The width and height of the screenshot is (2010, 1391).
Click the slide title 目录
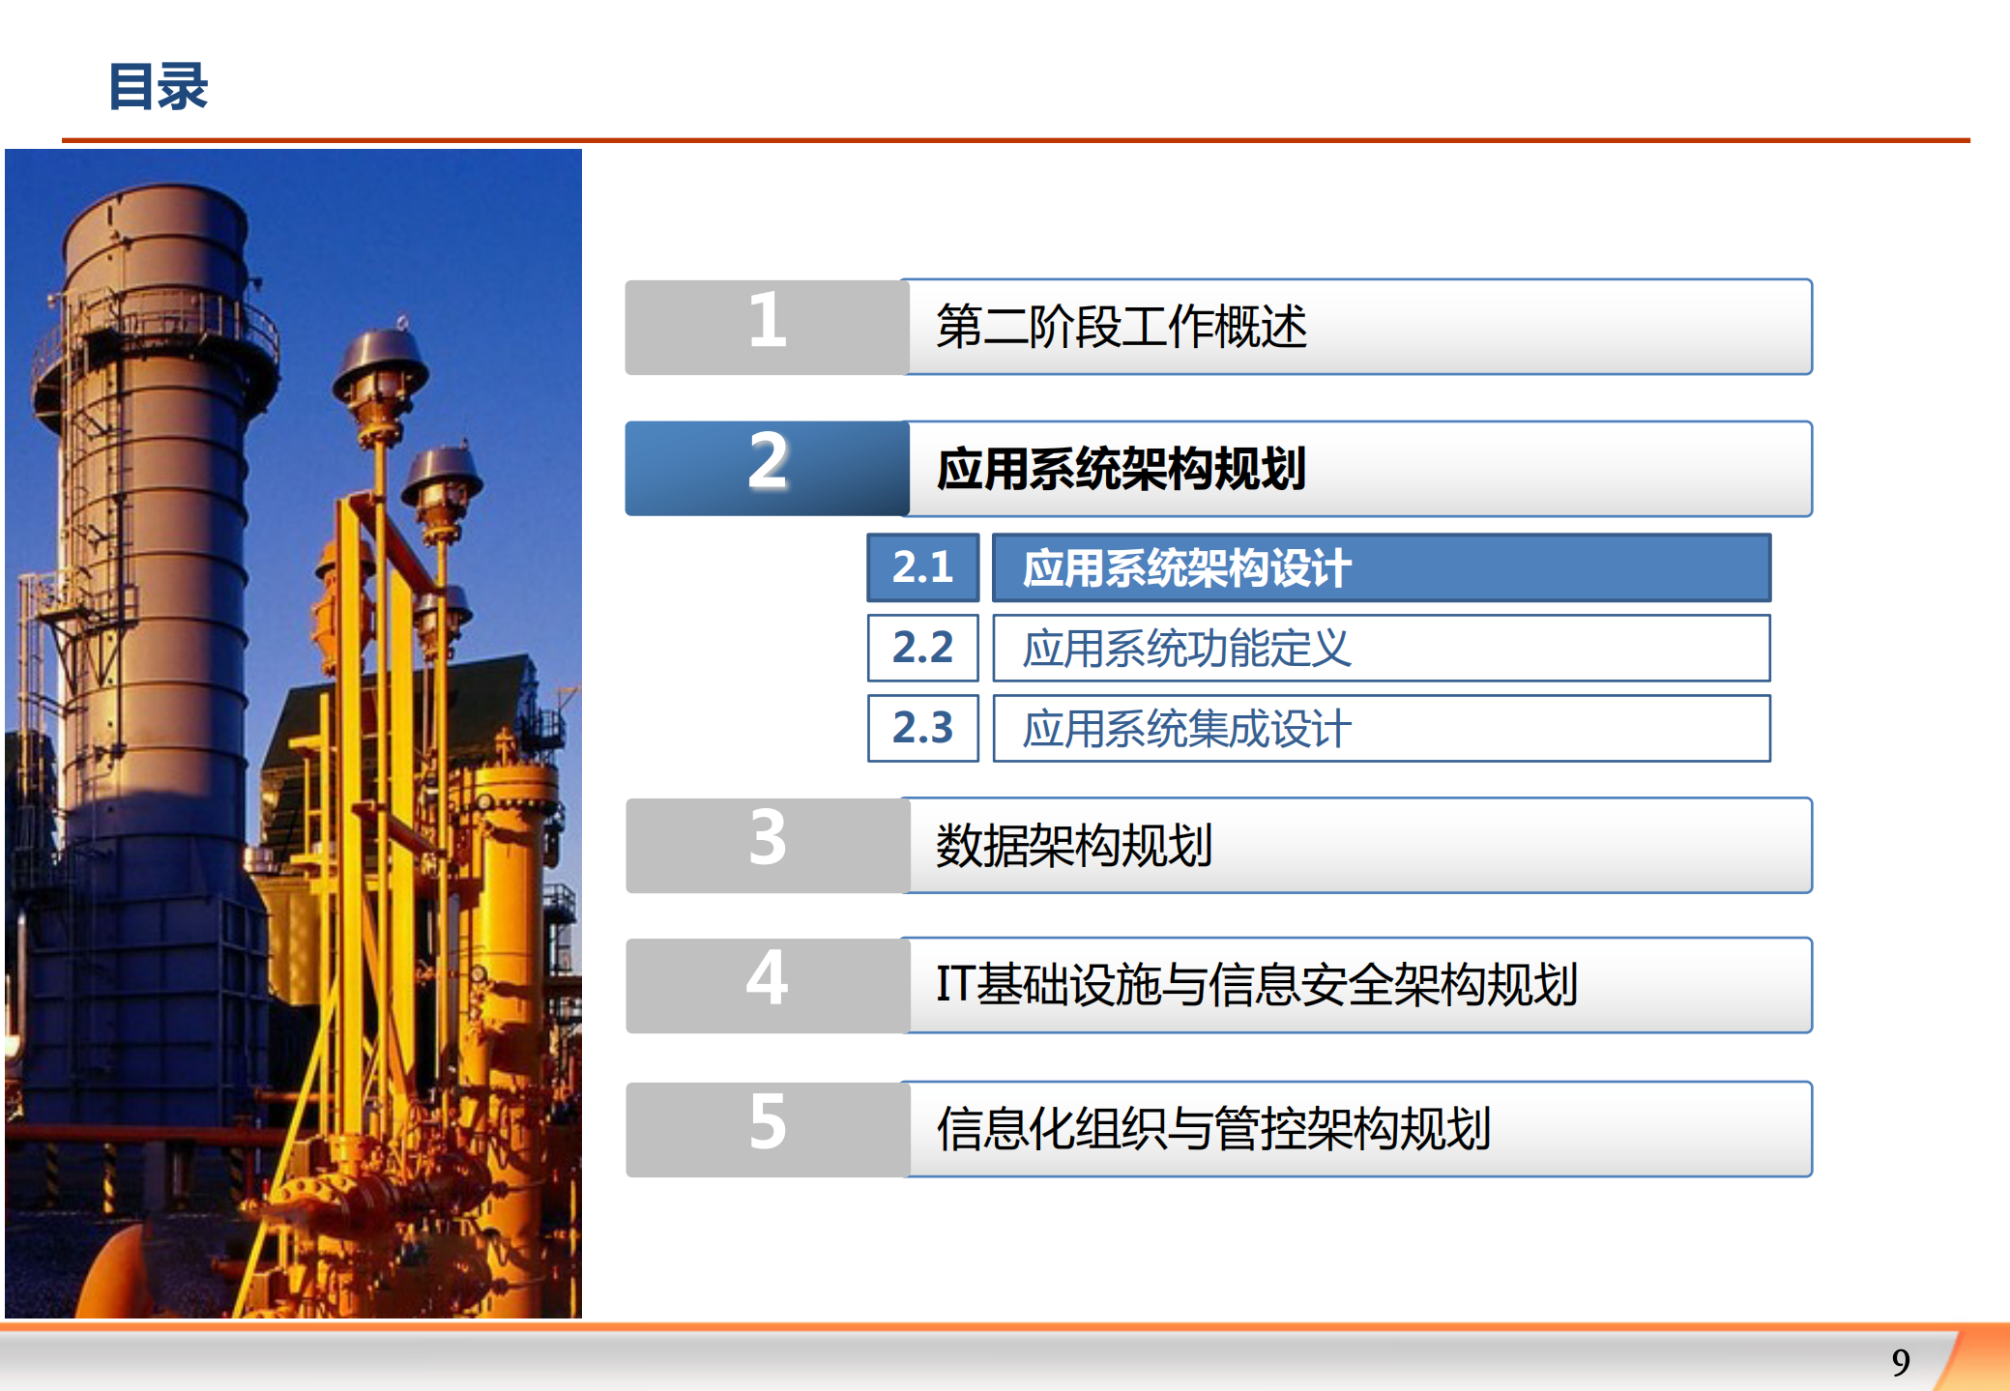point(159,86)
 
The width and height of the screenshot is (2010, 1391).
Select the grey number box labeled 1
point(767,327)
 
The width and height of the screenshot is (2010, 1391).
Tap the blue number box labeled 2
point(767,468)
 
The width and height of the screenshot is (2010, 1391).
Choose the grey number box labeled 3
point(767,845)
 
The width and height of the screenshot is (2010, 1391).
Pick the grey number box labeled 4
point(767,985)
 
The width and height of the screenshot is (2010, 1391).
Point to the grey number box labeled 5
point(767,1128)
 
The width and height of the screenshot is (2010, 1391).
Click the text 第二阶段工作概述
point(1122,327)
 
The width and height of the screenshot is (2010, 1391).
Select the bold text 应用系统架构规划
point(1122,469)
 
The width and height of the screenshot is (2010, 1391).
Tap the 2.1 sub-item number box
point(922,567)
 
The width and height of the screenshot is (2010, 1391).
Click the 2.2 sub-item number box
point(922,648)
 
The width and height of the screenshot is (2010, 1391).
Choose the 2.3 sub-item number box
point(922,728)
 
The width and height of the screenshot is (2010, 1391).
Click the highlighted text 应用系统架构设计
point(1186,568)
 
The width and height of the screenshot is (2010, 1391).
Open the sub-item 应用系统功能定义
point(1186,649)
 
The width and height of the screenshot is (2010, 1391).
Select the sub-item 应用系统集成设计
point(1186,729)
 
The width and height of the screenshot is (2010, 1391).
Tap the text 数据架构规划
point(1073,846)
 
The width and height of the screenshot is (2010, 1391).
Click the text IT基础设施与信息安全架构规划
point(1257,985)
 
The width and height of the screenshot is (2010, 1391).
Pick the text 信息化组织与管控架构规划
point(1213,1129)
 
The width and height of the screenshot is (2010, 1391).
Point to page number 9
point(1900,1362)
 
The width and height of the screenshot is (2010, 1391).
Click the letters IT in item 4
point(955,985)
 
